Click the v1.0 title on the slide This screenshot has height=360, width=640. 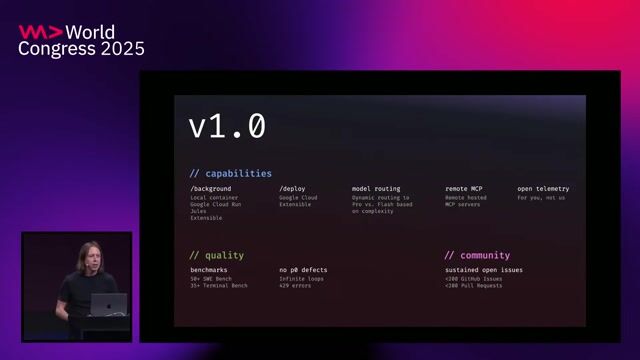coord(228,126)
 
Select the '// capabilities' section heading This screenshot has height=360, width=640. coord(231,173)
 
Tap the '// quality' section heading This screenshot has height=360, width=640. coord(217,255)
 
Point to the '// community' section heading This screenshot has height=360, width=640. coord(477,255)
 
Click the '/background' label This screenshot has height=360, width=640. coord(210,188)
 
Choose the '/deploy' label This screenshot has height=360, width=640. coord(293,188)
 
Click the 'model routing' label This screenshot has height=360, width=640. coord(375,188)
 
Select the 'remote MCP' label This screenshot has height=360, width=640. coord(463,188)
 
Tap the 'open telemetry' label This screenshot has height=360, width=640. coord(543,188)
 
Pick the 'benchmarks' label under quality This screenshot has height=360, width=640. coord(210,270)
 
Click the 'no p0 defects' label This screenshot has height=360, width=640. coord(303,270)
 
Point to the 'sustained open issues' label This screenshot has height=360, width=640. coord(484,270)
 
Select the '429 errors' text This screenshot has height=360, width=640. coord(296,286)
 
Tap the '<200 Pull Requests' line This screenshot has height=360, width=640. coord(473,286)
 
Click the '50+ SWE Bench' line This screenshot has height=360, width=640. coord(212,278)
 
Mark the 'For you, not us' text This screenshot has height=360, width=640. coord(541,197)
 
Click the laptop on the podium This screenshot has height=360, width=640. coord(108,304)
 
